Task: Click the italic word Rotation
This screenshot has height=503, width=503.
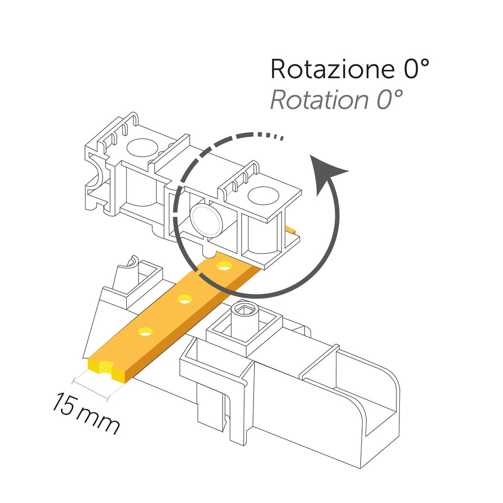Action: [318, 100]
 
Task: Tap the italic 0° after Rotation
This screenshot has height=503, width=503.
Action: [390, 100]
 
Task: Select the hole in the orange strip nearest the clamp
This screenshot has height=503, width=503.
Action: [224, 266]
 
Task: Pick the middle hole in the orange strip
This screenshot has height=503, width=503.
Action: [185, 298]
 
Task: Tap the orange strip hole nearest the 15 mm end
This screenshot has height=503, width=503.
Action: [145, 332]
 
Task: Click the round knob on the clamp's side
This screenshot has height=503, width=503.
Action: [206, 219]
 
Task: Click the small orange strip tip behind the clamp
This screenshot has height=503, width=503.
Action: [291, 229]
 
